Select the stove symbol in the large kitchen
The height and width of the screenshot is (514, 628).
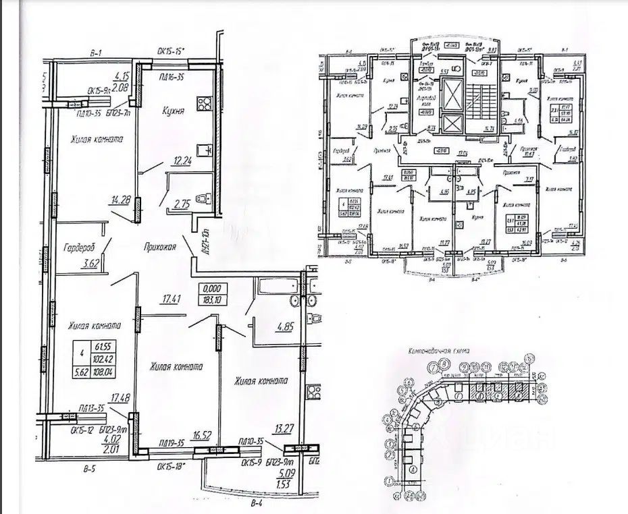coord(203,105)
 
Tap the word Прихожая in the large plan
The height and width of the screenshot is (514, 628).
coord(160,247)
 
